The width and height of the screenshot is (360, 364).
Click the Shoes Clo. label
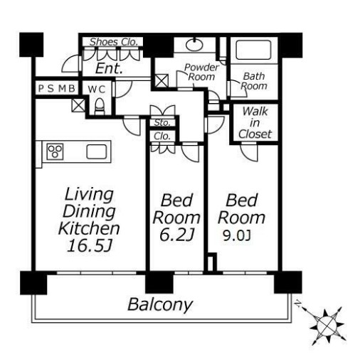point(114,42)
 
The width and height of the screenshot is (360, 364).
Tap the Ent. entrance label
point(109,68)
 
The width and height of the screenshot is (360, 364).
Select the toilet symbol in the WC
point(100,107)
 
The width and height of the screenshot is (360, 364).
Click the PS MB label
point(57,89)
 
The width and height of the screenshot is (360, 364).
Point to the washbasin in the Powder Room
point(194,44)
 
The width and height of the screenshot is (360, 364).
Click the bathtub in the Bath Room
point(253,50)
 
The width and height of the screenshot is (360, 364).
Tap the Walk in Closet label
point(255,123)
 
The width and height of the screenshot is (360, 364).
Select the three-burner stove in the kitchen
point(55,151)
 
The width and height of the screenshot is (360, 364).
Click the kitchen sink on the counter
point(97,151)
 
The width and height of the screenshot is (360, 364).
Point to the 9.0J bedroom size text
point(237,236)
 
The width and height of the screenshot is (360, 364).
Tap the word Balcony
point(160,304)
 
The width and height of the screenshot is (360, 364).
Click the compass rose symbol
point(327,325)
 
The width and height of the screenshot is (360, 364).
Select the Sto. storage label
point(162,122)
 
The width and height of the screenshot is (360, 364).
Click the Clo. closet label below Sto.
point(162,136)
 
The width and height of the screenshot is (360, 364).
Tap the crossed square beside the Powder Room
point(162,80)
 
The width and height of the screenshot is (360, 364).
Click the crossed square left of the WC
point(78,105)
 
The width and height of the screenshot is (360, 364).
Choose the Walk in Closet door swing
point(249,152)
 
